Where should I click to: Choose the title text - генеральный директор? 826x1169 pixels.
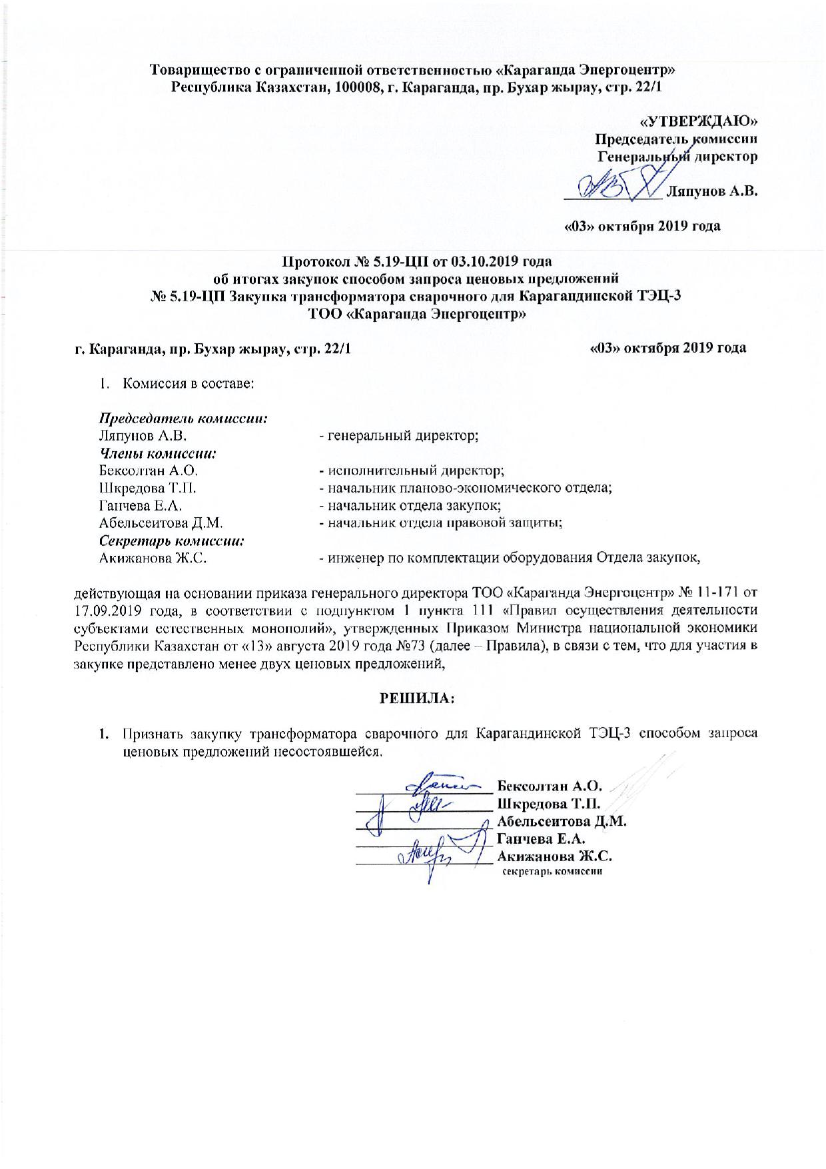point(399,436)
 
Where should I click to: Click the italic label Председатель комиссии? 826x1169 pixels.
point(184,419)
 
